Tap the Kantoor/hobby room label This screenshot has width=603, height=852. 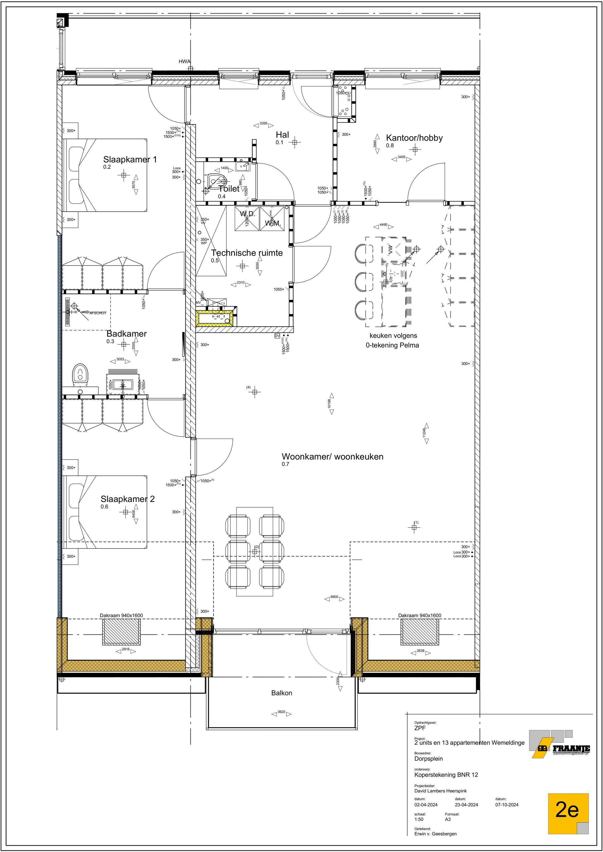(x=414, y=138)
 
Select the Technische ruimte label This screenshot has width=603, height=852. (x=247, y=253)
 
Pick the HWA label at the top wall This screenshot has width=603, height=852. (x=184, y=62)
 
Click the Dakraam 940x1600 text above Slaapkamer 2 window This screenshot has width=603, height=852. (x=121, y=615)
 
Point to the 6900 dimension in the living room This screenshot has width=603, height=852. (x=334, y=597)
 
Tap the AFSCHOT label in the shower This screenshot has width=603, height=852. (x=97, y=313)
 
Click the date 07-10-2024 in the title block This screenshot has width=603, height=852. (x=506, y=805)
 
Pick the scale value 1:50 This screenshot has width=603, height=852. (x=418, y=819)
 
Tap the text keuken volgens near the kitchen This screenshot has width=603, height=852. (x=393, y=336)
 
